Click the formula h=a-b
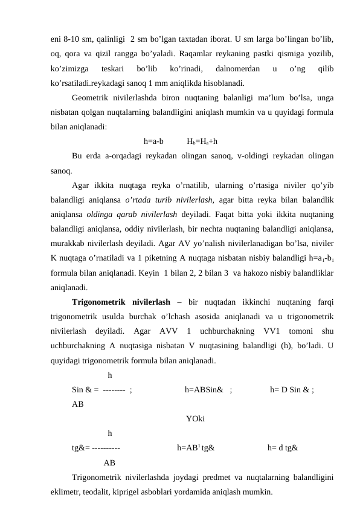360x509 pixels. [x=154, y=141]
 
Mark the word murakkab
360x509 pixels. [x=68, y=241]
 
